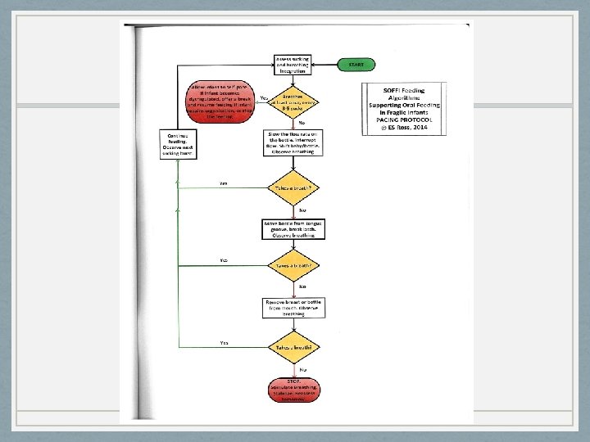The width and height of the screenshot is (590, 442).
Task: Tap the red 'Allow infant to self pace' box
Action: [221, 100]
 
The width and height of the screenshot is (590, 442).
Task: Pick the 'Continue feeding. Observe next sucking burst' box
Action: [178, 142]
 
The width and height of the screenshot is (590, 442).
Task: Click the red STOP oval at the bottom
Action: [294, 391]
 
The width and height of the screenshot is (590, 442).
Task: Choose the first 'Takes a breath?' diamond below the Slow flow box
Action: [294, 188]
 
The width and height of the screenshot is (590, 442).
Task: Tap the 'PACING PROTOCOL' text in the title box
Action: [405, 120]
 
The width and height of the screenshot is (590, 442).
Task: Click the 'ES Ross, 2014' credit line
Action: [405, 129]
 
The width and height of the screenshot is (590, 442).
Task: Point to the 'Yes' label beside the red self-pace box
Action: [264, 98]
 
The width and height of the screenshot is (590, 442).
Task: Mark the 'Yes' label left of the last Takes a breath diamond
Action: [224, 342]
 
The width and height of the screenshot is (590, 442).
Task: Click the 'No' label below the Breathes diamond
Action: [302, 123]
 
